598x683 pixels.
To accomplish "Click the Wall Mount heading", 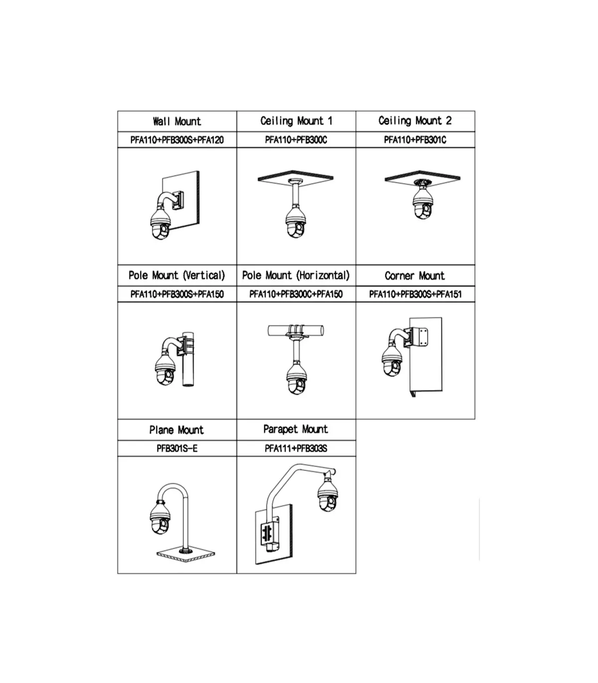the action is (x=177, y=121).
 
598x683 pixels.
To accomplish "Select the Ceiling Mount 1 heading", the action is (x=297, y=121).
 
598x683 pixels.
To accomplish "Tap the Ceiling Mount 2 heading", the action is (x=415, y=120).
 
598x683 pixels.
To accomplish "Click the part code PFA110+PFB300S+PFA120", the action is (x=177, y=140).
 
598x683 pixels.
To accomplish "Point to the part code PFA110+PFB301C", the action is (x=415, y=140).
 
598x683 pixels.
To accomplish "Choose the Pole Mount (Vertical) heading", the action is (x=177, y=275).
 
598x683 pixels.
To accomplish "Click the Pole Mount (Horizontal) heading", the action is (x=296, y=275).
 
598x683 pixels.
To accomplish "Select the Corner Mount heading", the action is (x=415, y=276).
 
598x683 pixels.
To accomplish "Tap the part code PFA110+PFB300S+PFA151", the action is (x=415, y=294).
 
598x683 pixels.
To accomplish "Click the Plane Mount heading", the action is (x=176, y=430).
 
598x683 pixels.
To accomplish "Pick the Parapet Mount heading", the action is (x=296, y=429).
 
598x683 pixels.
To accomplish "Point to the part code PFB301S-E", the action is (x=177, y=449).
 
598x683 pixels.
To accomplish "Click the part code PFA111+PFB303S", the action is (x=296, y=449).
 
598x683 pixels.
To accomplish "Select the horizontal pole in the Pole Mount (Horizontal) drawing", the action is (x=296, y=331).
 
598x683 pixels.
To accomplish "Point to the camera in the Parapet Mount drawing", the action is (x=327, y=495).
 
